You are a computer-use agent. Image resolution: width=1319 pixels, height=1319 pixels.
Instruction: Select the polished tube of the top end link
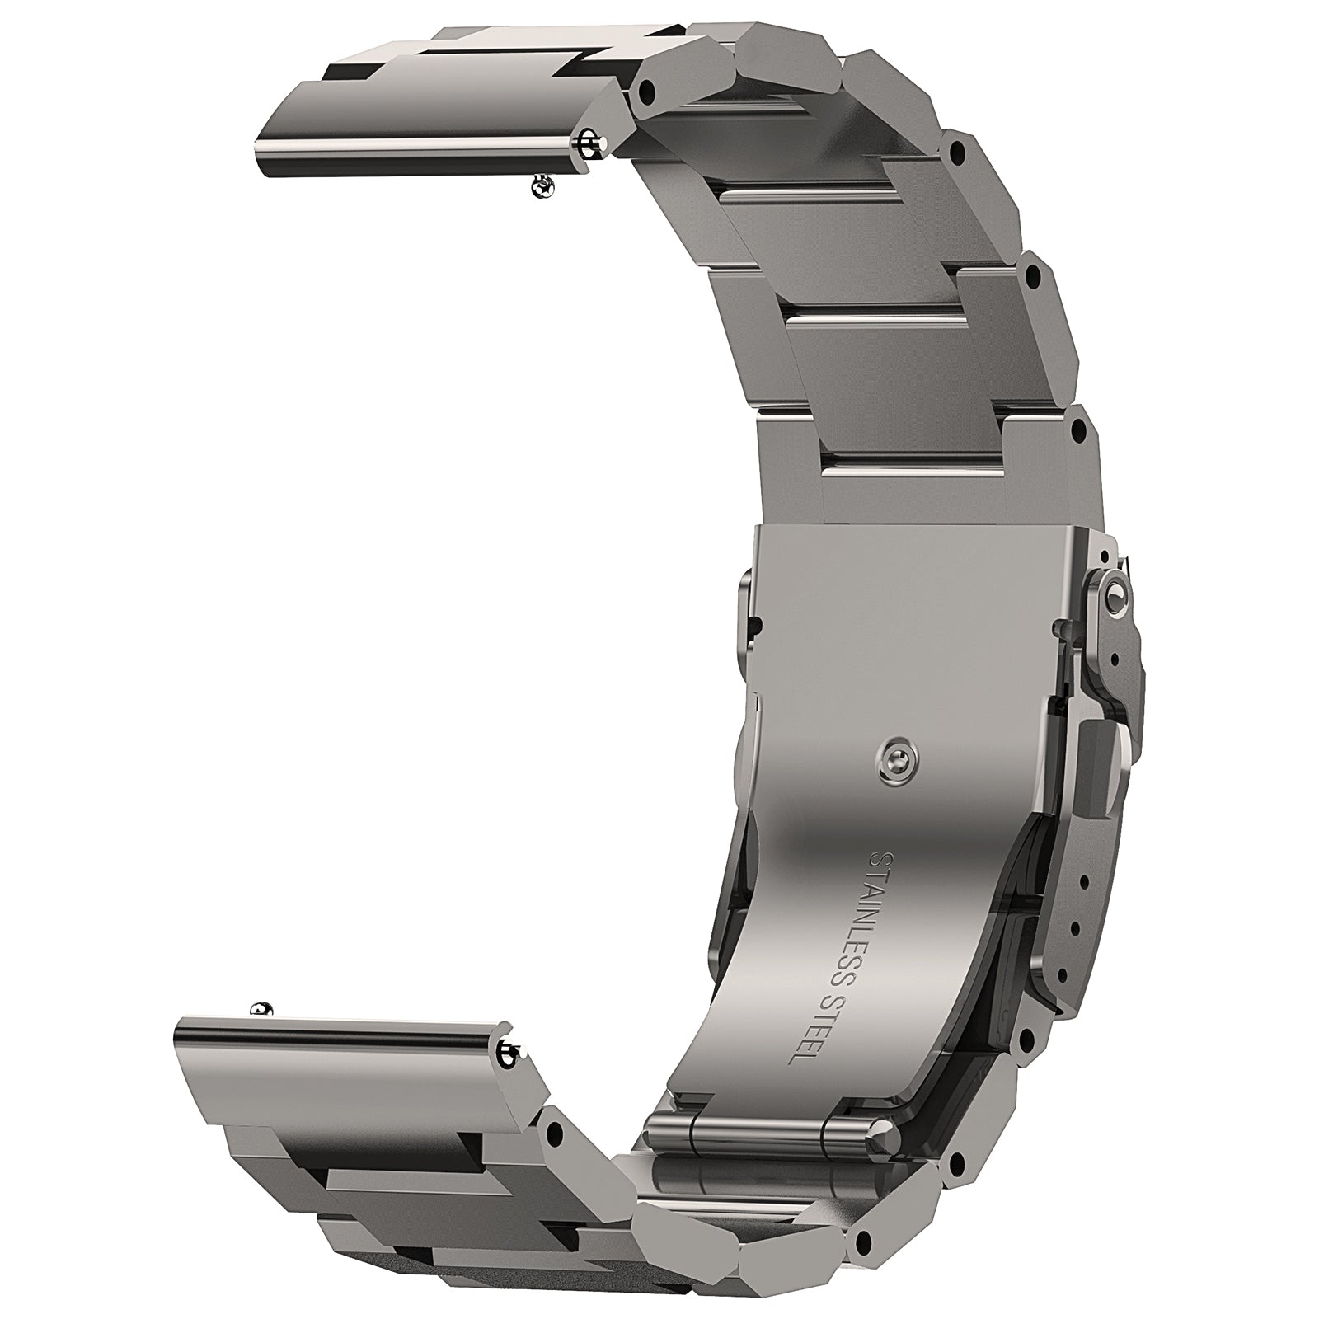pyautogui.click(x=429, y=147)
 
